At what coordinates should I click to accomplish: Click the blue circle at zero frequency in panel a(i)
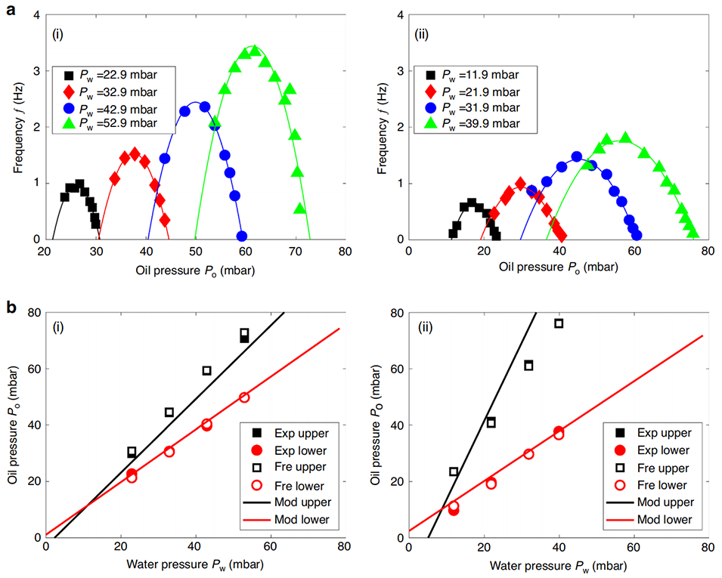[x=242, y=236]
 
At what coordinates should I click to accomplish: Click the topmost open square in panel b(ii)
[x=559, y=323]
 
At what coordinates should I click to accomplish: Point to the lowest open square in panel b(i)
[x=132, y=452]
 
